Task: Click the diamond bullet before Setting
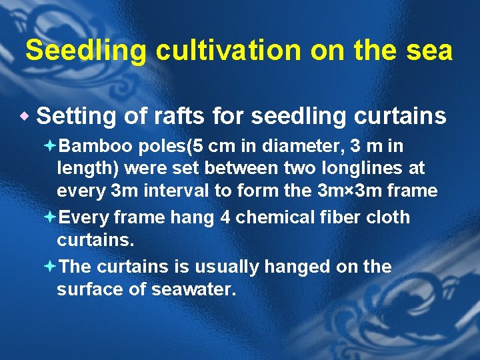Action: [27, 117]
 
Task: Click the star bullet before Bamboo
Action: [61, 146]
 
